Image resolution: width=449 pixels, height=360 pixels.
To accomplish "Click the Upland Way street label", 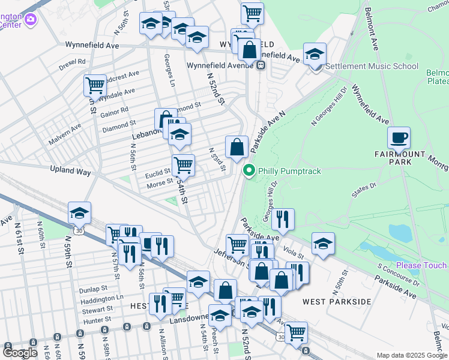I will coord(70,172).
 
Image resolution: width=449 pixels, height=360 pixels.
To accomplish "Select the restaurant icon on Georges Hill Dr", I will coord(283,220).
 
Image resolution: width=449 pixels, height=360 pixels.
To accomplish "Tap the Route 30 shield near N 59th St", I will coord(79,230).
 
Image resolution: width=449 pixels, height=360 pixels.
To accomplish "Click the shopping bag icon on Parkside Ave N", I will coord(237,147).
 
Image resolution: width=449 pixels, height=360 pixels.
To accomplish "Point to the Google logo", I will coord(20,353).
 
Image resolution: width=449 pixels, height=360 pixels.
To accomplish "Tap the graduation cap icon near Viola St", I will coord(323,244).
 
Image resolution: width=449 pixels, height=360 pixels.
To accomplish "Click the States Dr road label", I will coord(364,187).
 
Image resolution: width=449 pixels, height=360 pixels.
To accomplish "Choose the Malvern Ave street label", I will coord(68,128).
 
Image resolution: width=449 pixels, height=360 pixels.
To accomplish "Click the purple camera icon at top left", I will coord(31,20).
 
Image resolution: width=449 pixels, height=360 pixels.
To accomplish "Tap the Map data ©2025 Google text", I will coord(411,355).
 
